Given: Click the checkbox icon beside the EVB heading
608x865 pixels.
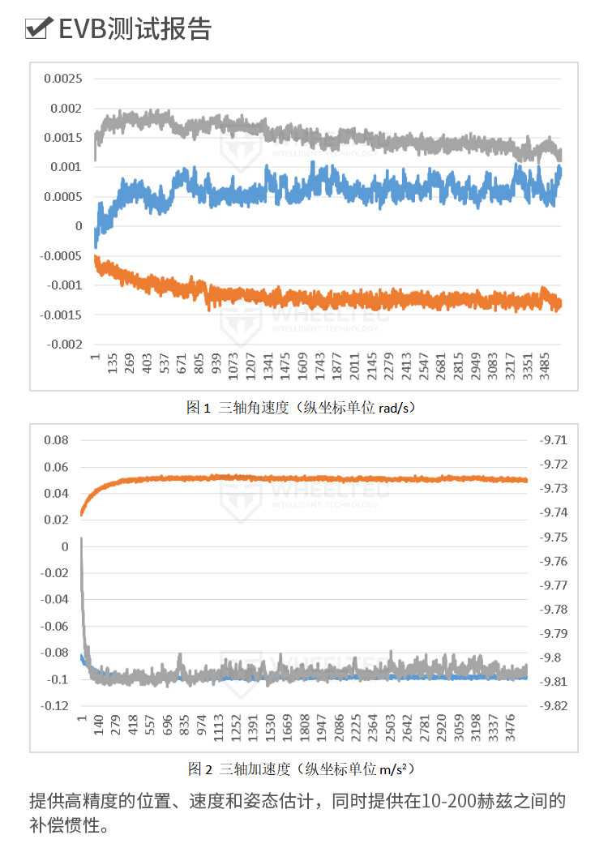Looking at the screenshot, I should pyautogui.click(x=38, y=28).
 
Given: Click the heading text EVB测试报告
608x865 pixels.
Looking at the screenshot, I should pyautogui.click(x=135, y=28).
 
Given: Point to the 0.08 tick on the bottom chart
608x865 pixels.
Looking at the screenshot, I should pyautogui.click(x=56, y=440).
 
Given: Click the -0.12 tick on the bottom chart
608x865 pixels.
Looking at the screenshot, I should pyautogui.click(x=55, y=706).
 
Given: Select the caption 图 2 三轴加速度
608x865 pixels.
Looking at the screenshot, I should pyautogui.click(x=303, y=768).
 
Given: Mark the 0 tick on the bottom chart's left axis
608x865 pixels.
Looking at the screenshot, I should pyautogui.click(x=65, y=546).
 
